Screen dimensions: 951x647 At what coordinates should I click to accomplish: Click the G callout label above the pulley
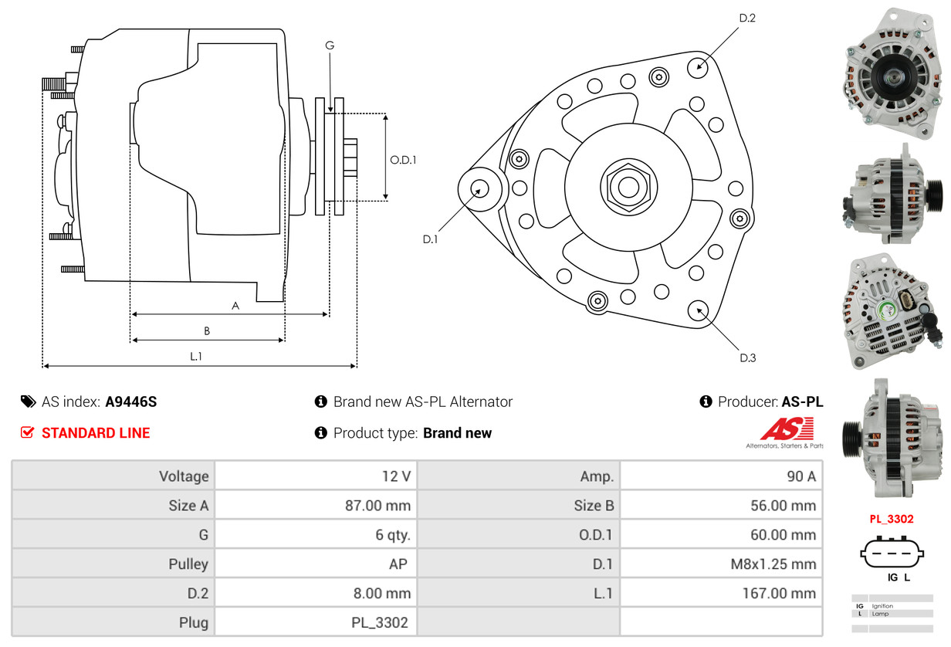coord(330,45)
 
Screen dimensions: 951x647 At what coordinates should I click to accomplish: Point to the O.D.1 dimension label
coord(403,160)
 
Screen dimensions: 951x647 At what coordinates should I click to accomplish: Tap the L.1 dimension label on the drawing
coord(196,356)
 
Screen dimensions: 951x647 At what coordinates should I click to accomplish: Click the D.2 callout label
coord(747,18)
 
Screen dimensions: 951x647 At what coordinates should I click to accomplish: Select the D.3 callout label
coord(748,358)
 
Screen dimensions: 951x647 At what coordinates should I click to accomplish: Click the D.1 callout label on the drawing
coord(430,239)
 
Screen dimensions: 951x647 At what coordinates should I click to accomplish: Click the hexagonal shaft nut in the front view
coord(629,187)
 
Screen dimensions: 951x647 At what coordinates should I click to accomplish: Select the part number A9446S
coord(130,401)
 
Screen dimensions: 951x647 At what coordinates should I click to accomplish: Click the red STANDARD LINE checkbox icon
coord(27,432)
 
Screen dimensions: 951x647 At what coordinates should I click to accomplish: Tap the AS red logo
coord(787,429)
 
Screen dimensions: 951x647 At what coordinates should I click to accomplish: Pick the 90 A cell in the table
coord(801,476)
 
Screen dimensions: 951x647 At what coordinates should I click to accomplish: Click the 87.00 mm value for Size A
coord(377,505)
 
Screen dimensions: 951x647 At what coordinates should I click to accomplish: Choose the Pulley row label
coord(188,564)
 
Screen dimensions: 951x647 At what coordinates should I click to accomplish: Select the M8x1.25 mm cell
coord(773,564)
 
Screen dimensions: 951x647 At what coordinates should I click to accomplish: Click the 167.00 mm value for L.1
coord(779,593)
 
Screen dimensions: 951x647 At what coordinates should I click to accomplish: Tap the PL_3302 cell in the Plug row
coord(380,622)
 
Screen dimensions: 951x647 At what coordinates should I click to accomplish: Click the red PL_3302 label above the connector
coord(891,519)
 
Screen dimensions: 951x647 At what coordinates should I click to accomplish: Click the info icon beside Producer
coord(706,401)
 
